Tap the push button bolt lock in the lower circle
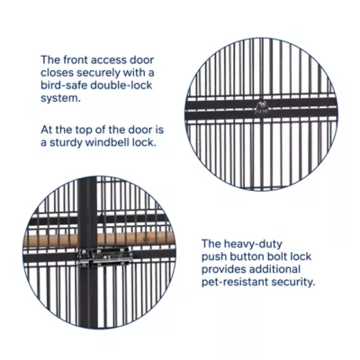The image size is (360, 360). [x=103, y=257]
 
